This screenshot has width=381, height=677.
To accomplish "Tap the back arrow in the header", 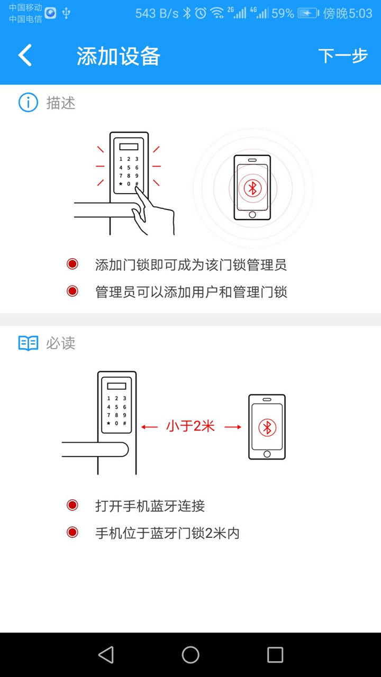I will coord(25,56).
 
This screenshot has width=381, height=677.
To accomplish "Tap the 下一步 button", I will coord(342,56).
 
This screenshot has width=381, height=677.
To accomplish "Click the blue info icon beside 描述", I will coord(28,103).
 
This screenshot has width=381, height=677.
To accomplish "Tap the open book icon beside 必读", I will coord(28,343).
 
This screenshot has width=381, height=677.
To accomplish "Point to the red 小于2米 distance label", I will coord(190,426).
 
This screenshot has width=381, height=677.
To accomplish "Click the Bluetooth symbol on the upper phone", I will coord(252,188).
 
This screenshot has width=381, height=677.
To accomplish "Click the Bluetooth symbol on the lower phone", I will coord(267,427).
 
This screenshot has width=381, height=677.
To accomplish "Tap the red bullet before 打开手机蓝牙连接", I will coord(72,506).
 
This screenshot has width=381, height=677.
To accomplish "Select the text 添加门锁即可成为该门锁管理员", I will coord(190,264).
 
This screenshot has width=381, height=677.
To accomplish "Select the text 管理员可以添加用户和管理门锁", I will coord(190,291).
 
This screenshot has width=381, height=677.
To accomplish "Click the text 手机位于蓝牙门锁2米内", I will coord(167,533).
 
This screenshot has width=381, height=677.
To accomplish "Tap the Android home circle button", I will coord(190,655).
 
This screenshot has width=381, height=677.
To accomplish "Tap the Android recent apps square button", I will coord(275,655).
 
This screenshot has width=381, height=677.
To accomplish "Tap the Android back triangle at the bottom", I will coord(106,655).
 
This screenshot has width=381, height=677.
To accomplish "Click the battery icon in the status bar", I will coord(308,13).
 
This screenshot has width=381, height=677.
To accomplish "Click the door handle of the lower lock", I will coord(95,449).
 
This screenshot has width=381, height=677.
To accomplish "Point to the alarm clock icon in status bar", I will coord(201,13).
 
